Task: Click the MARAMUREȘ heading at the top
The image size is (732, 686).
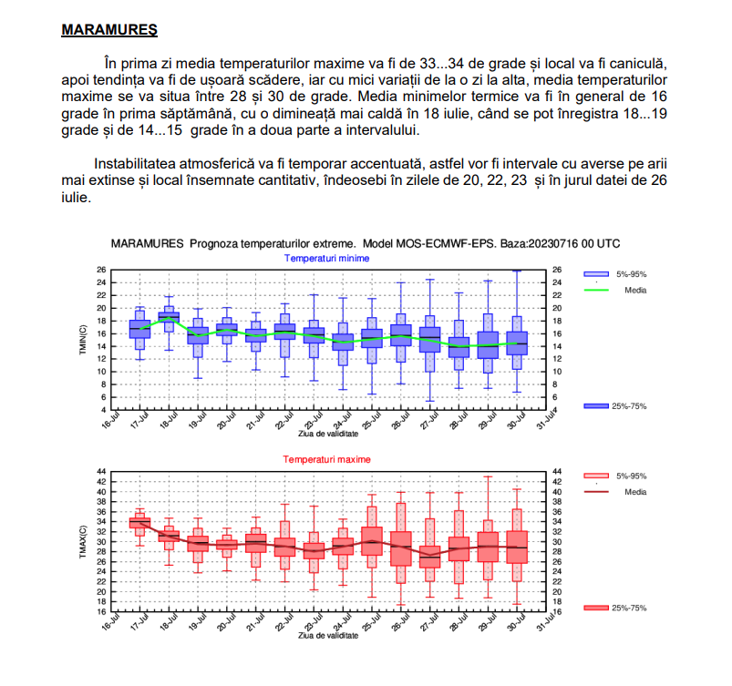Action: click(108, 30)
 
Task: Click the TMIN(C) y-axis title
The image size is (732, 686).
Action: click(82, 339)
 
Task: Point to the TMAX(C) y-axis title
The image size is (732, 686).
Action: click(82, 542)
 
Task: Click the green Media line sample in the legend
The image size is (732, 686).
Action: click(595, 291)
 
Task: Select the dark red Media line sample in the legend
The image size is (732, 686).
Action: click(595, 491)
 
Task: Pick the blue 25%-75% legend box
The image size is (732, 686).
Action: click(595, 405)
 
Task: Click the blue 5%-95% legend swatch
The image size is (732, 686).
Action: click(595, 274)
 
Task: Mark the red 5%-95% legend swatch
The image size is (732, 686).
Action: click(595, 476)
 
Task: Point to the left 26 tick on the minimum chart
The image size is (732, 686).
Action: click(101, 270)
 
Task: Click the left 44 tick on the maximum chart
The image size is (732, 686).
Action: click(101, 472)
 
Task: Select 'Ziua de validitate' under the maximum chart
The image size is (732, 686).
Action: click(327, 635)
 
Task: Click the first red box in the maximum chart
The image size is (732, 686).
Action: click(139, 523)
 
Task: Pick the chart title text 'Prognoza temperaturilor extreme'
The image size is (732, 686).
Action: click(272, 245)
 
